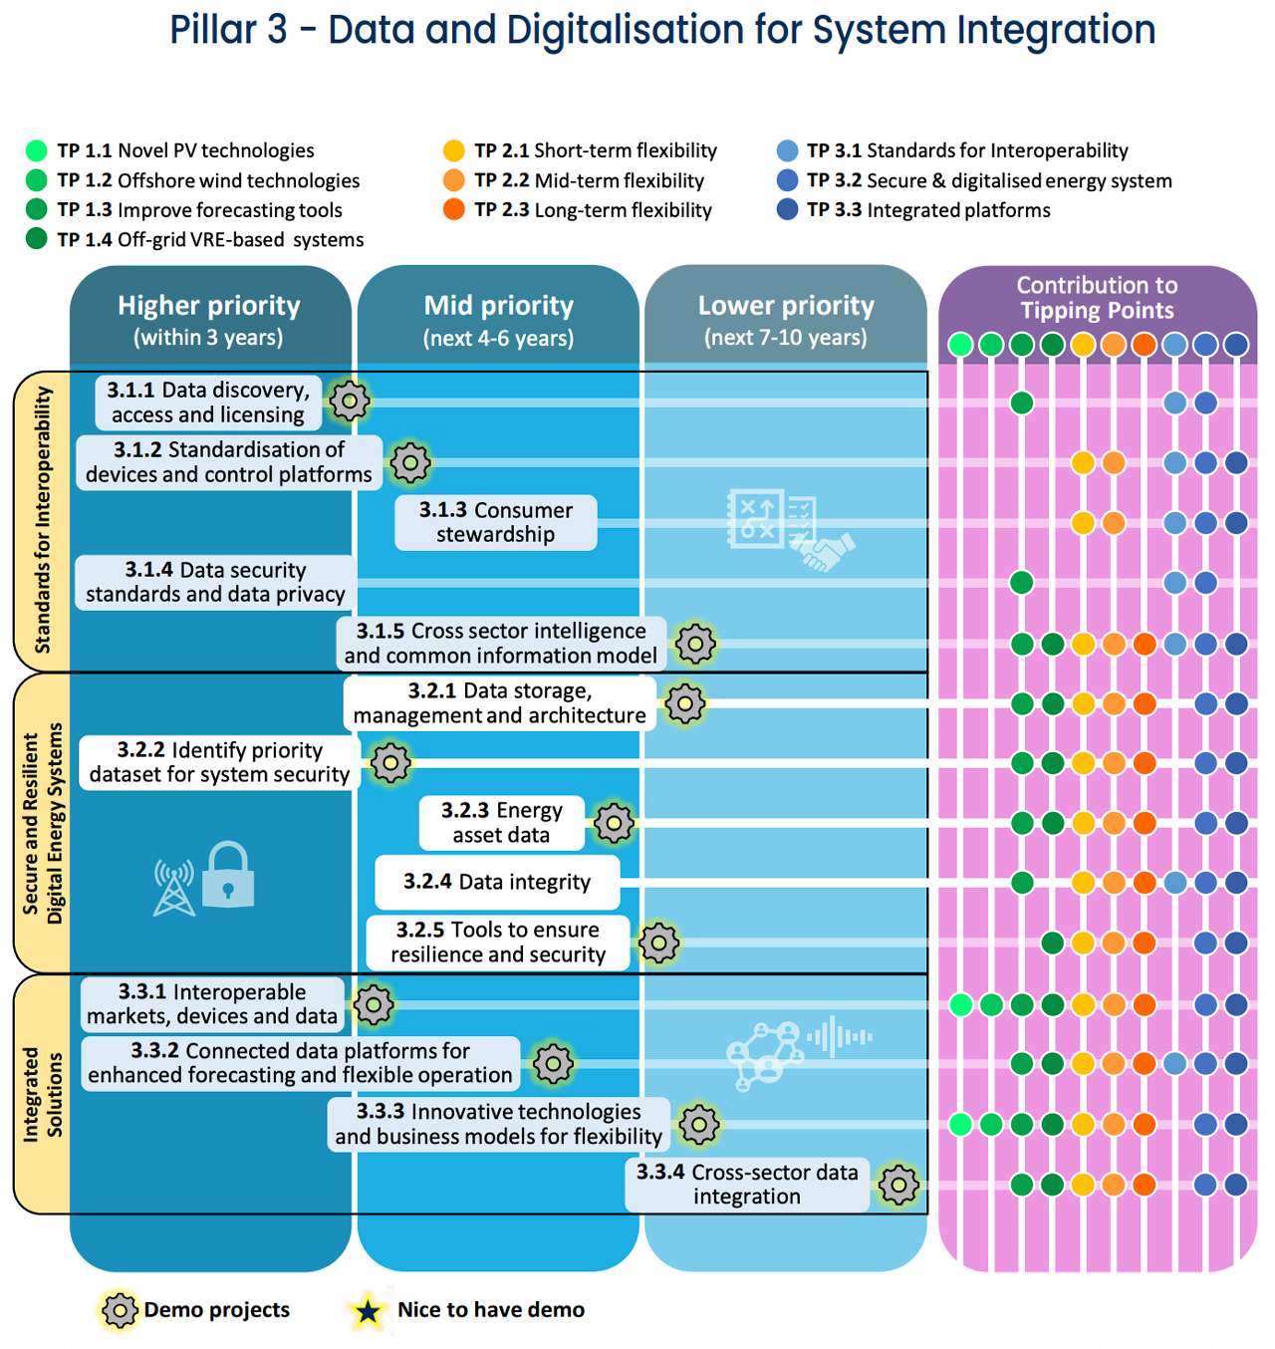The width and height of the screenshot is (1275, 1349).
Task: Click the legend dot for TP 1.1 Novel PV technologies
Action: pyautogui.click(x=36, y=149)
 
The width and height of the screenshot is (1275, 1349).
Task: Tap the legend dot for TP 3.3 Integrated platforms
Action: pyautogui.click(x=786, y=209)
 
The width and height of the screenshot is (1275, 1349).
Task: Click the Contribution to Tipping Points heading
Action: pyautogui.click(x=1096, y=297)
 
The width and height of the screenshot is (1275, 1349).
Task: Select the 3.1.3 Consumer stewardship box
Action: pyautogui.click(x=495, y=522)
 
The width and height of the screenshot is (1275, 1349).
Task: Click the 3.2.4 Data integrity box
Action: pyautogui.click(x=497, y=881)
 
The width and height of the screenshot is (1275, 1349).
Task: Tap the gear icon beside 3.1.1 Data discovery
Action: pyautogui.click(x=350, y=401)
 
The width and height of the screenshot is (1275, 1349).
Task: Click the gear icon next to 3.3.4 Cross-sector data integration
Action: pyautogui.click(x=897, y=1184)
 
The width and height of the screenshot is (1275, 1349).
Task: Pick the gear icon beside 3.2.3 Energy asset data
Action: pyautogui.click(x=614, y=822)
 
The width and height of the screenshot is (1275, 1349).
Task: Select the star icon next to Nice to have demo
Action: pyautogui.click(x=368, y=1310)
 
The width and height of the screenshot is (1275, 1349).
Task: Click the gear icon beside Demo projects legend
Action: pyautogui.click(x=120, y=1310)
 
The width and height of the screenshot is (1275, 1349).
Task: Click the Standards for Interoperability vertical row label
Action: pyautogui.click(x=43, y=519)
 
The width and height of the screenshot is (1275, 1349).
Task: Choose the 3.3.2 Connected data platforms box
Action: pyautogui.click(x=300, y=1063)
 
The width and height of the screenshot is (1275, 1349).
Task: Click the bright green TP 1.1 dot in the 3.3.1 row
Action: pyautogui.click(x=960, y=1004)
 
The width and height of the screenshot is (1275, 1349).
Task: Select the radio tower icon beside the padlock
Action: pyautogui.click(x=173, y=887)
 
